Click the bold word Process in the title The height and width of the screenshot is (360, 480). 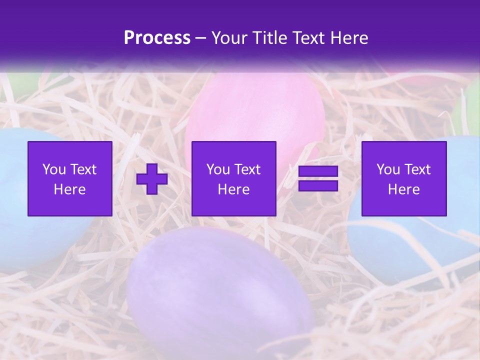[x=157, y=38]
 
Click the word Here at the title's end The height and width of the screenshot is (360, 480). [x=350, y=38]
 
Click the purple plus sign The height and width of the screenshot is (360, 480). [x=152, y=179]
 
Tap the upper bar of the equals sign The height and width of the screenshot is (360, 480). [x=318, y=171]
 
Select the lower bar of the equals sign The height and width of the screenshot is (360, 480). [x=318, y=186]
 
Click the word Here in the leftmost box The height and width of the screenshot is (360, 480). [x=70, y=189]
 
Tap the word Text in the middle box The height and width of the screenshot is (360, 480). [x=247, y=169]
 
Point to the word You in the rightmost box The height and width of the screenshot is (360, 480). [x=388, y=169]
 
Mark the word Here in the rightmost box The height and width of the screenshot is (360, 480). [x=404, y=189]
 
